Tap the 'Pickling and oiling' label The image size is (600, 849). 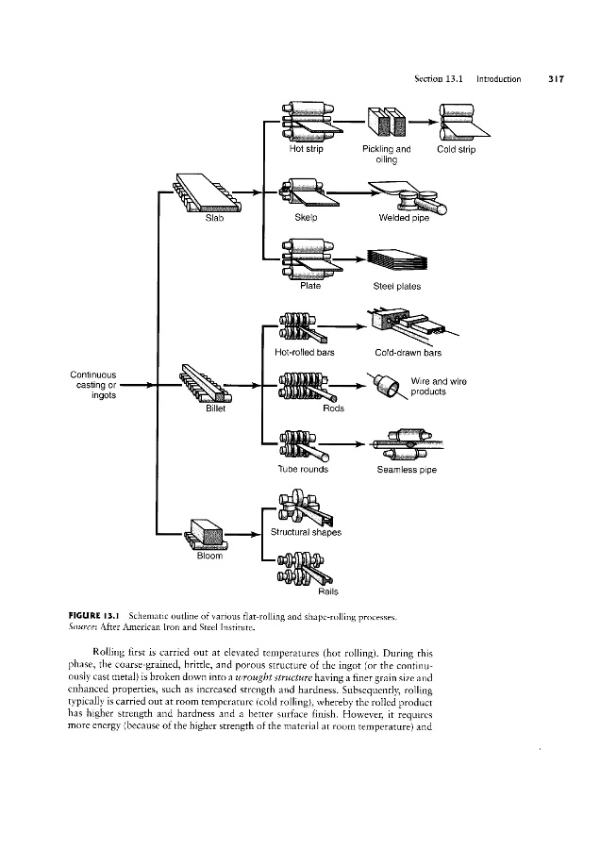[386, 154]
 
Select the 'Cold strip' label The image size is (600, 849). [457, 148]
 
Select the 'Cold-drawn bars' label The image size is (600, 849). [408, 354]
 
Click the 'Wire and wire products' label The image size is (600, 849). [440, 386]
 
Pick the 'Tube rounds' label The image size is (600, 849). [302, 469]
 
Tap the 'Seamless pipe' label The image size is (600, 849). [406, 469]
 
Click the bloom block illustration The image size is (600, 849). [208, 533]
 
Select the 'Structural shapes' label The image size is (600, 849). [305, 531]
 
